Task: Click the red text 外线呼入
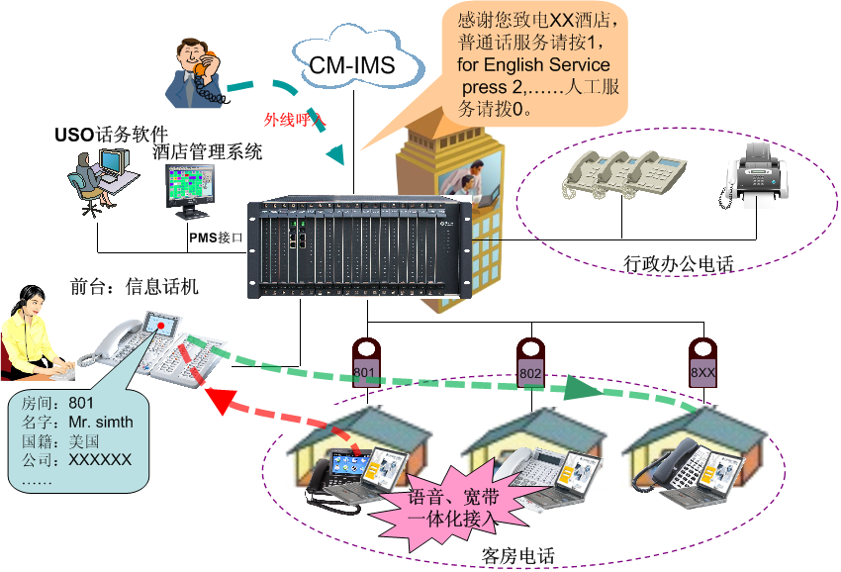295,119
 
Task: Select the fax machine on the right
753,175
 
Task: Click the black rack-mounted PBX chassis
358,245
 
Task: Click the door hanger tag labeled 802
531,361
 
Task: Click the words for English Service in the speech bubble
533,64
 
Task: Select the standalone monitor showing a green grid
189,189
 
